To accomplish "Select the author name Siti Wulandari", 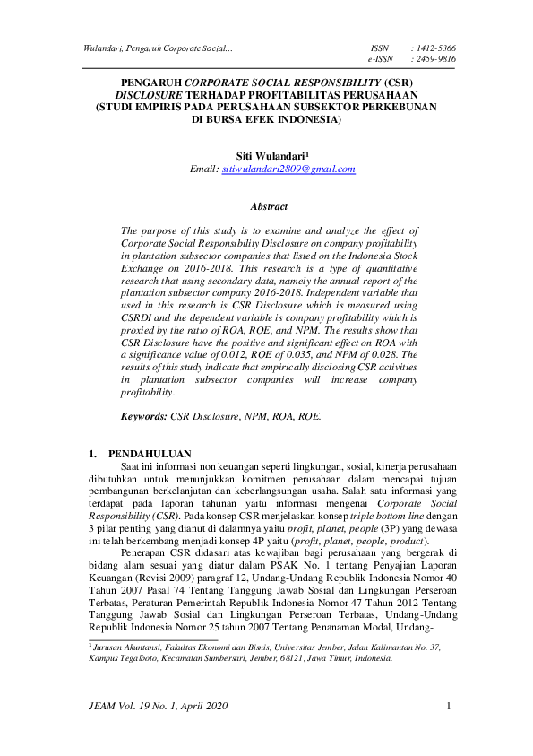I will tap(265, 154).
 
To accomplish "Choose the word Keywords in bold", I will tap(145, 417).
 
